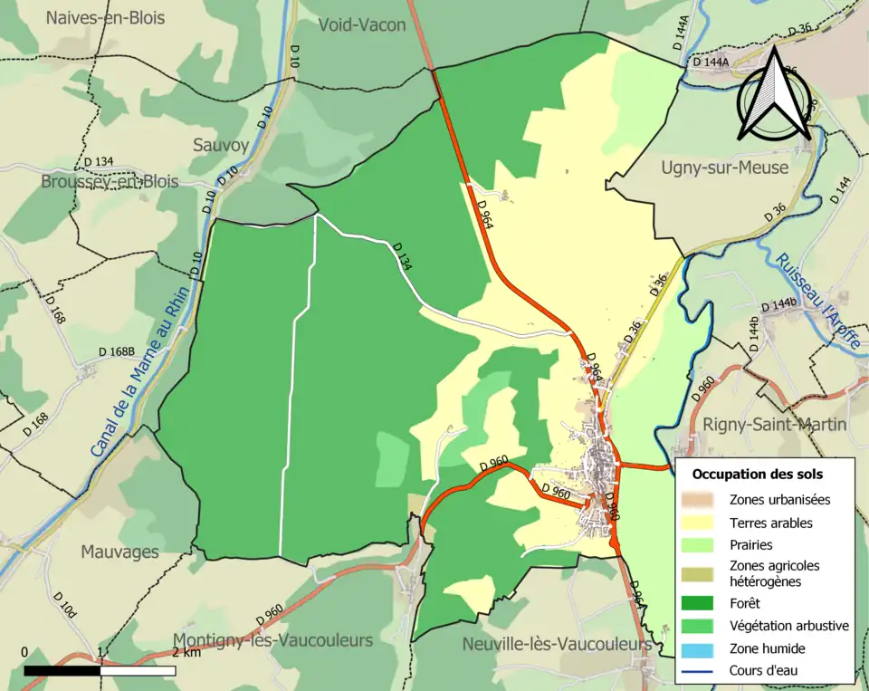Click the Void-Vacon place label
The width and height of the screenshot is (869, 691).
pyautogui.click(x=362, y=25)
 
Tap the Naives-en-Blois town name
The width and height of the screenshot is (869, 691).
pyautogui.click(x=101, y=17)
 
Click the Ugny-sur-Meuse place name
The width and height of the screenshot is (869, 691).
pyautogui.click(x=724, y=168)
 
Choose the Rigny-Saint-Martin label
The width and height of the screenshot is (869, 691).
pyautogui.click(x=775, y=424)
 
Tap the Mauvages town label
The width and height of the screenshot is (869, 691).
pyautogui.click(x=119, y=551)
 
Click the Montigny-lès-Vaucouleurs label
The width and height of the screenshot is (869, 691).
pyautogui.click(x=272, y=640)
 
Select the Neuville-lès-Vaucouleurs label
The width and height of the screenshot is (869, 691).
pyautogui.click(x=556, y=644)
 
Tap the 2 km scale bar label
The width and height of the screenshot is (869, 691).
pyautogui.click(x=186, y=652)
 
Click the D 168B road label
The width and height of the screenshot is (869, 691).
pyautogui.click(x=117, y=351)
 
